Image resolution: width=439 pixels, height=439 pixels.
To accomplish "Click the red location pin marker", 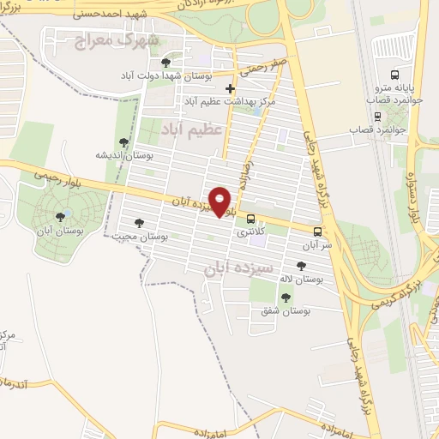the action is point(221,202).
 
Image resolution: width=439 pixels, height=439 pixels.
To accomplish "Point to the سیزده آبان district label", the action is point(238,268).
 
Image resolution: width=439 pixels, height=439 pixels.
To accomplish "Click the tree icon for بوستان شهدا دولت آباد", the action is point(165,63).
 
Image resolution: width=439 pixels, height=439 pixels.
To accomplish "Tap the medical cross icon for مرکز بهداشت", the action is point(230,88).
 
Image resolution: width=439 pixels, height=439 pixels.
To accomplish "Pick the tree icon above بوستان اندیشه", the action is point(124,142).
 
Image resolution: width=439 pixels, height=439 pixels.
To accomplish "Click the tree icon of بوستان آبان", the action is point(59,217).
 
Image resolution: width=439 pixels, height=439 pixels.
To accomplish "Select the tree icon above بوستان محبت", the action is point(139,223).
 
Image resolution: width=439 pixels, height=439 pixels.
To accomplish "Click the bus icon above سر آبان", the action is point(318,232).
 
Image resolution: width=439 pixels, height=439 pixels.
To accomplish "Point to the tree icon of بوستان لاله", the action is point(300,267).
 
